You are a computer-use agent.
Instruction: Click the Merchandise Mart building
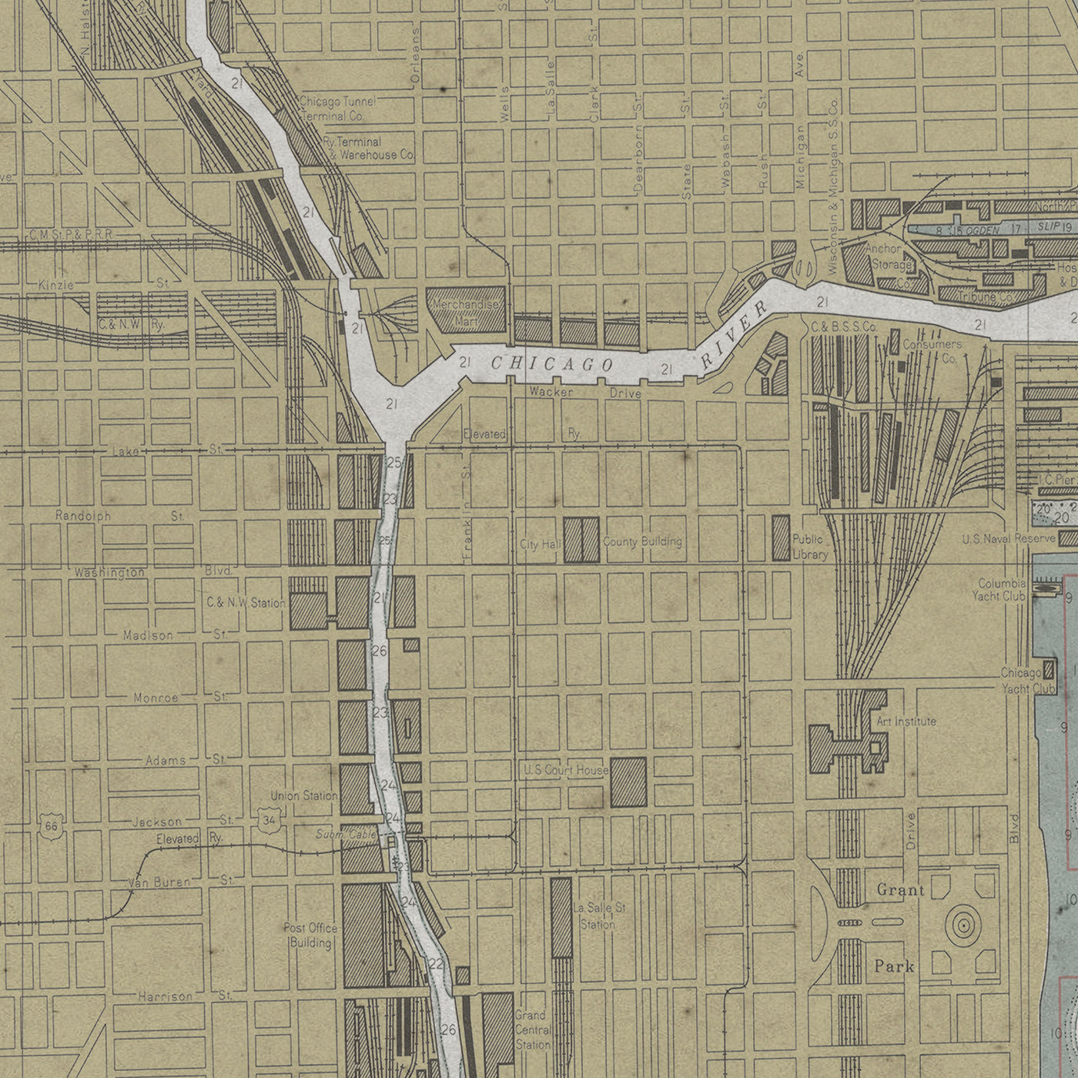click(466, 310)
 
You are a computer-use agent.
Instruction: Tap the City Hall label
click(540, 544)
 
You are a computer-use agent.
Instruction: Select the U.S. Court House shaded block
click(628, 782)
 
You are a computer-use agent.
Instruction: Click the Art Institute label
click(906, 721)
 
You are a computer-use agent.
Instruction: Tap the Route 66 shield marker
click(52, 826)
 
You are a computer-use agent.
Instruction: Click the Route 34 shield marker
click(267, 819)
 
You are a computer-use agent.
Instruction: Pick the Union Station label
click(303, 795)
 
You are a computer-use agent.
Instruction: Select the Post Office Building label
click(310, 936)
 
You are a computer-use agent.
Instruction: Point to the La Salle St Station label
click(599, 916)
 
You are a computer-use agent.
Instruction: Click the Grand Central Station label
click(532, 1030)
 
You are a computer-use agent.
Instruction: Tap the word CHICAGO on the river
click(551, 363)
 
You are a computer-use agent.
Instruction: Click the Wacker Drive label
click(585, 393)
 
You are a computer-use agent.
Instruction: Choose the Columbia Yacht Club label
click(1001, 590)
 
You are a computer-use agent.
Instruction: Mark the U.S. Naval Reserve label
click(1009, 538)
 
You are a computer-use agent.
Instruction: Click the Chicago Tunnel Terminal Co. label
click(337, 109)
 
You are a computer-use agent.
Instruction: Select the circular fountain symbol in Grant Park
click(962, 925)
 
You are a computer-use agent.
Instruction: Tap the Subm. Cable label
click(346, 835)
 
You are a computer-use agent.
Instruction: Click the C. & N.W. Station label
click(246, 603)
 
